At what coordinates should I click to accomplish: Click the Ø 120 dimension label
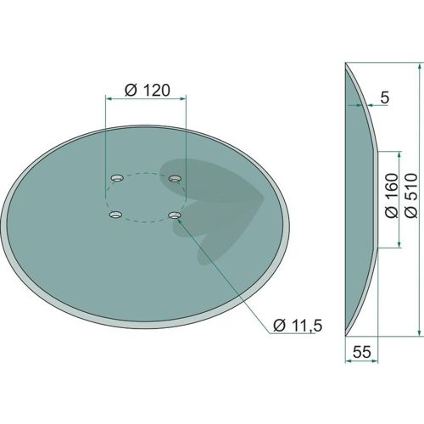[x=148, y=91]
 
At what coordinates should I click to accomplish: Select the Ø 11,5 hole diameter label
[x=298, y=326]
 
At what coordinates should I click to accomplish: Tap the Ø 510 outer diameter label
[x=411, y=196]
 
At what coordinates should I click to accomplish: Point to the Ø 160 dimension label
[x=392, y=196]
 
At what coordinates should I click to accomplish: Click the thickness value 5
[x=385, y=98]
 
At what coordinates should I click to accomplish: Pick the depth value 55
[x=362, y=352]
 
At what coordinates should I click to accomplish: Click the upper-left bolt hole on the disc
[x=117, y=178]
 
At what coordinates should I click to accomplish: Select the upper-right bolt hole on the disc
[x=175, y=179]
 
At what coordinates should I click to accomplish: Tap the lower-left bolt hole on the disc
[x=116, y=215]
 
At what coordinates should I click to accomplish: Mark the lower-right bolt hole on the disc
[x=175, y=215]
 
